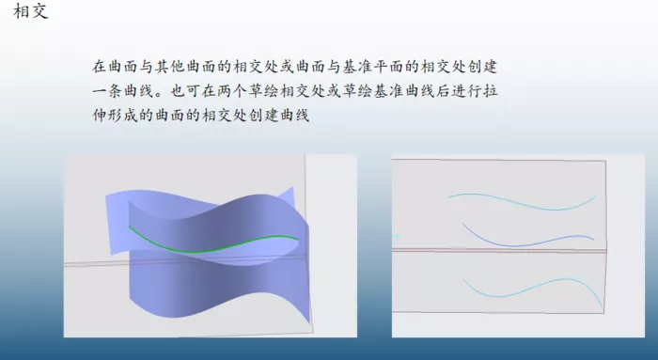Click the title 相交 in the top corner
(31, 11)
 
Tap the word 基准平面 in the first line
(374, 67)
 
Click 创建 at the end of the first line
(483, 67)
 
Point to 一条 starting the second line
(107, 91)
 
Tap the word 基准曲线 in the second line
(405, 91)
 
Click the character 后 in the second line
(444, 91)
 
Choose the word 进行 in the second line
(467, 91)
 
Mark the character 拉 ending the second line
(491, 91)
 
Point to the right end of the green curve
(298, 239)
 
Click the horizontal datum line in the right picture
(499, 250)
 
